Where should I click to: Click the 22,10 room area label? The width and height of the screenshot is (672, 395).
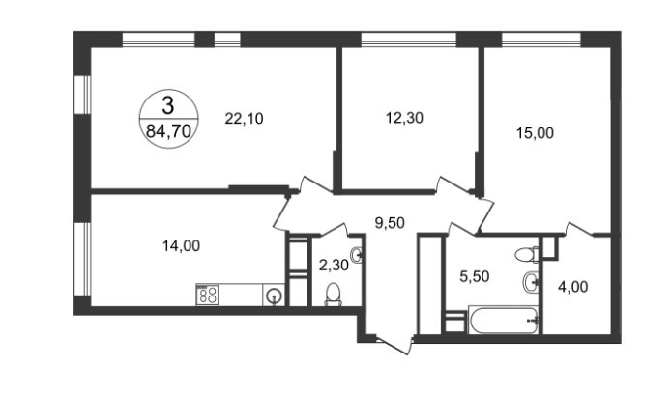244,119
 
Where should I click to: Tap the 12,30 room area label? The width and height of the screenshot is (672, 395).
404,118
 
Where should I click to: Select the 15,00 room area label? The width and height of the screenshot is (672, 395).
535,133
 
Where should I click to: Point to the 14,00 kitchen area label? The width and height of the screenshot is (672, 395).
181,245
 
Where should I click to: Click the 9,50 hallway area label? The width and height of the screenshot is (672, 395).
390,222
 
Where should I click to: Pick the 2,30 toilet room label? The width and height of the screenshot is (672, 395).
334,266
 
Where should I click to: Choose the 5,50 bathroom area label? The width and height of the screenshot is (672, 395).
474,276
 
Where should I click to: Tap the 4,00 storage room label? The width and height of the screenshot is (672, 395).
572,286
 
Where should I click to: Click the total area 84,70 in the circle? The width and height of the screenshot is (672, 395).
168,131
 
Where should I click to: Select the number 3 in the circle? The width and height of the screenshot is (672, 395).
168,105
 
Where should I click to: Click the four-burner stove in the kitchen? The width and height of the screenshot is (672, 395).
208,295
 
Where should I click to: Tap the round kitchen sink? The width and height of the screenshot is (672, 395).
274,296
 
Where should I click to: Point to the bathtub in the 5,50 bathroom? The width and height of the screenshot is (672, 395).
503,320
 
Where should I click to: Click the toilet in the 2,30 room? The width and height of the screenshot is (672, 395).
333,295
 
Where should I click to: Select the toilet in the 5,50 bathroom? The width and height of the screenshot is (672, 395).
526,255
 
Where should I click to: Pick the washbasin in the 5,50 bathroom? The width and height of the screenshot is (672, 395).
530,282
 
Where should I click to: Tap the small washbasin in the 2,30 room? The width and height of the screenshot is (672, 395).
357,256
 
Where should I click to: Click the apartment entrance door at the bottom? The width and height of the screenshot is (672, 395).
393,345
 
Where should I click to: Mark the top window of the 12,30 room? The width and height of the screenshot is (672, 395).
408,40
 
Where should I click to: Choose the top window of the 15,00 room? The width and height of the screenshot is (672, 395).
541,40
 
